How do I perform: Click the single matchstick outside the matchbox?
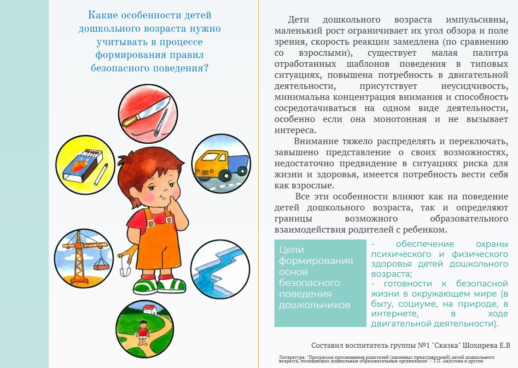coord(101,175)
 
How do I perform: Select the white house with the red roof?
coord(150,309)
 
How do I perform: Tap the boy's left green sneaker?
coord(146,286)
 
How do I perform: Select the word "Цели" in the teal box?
coord(291,250)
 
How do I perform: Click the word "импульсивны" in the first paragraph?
coord(477,20)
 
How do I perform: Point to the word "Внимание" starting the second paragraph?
coord(316,141)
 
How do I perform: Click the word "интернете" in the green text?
coord(395,314)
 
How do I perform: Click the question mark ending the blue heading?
coord(206,68)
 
